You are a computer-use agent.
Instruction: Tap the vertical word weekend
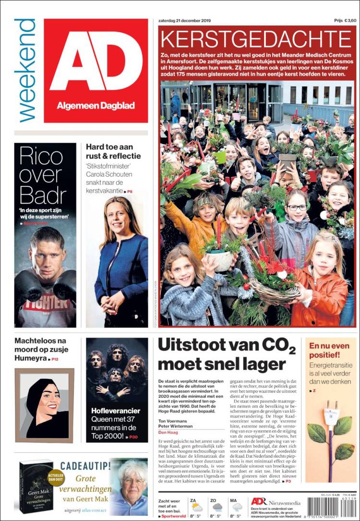click(x=25, y=70)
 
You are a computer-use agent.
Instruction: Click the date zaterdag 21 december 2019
click(x=184, y=21)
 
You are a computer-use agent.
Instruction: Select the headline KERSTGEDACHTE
click(x=256, y=39)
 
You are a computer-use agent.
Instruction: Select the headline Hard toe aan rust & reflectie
click(x=113, y=152)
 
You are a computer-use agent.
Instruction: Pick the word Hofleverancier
click(x=116, y=411)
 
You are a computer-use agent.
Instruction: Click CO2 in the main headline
click(x=269, y=346)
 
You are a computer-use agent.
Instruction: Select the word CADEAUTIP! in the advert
click(x=86, y=465)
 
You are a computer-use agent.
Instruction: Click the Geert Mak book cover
click(x=36, y=487)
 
